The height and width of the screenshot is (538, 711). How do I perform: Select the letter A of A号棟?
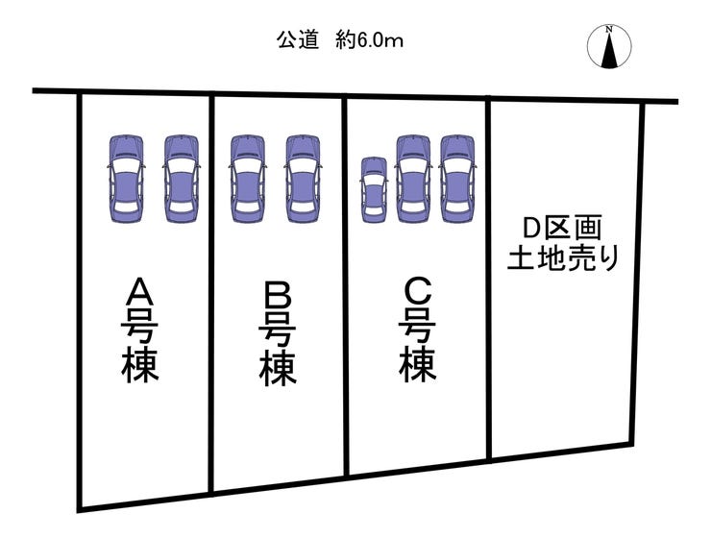[x=140, y=290]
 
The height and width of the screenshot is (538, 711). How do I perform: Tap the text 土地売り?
[x=562, y=258]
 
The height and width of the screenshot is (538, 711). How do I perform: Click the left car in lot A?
[x=125, y=179]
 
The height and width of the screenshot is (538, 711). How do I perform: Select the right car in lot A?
[x=182, y=179]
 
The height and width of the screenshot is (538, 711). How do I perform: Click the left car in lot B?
[x=247, y=179]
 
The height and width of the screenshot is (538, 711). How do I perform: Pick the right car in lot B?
[x=303, y=179]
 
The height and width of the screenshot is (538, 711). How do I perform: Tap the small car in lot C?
[x=374, y=190]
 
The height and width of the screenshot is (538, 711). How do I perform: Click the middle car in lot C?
[x=413, y=179]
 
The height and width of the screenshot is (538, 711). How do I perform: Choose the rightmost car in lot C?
[x=457, y=179]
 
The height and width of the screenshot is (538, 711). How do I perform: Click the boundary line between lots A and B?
[x=211, y=288]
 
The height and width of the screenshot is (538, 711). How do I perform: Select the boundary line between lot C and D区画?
[x=489, y=279]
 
